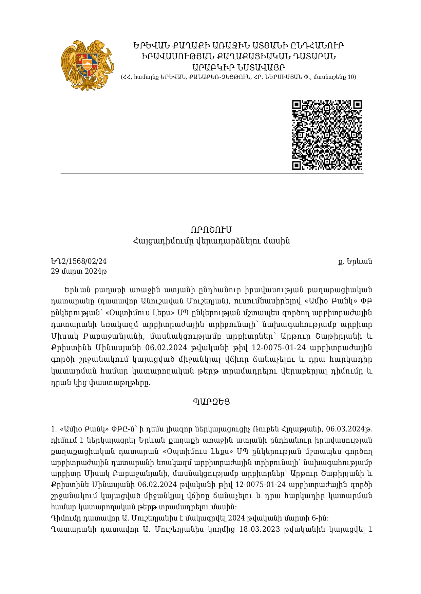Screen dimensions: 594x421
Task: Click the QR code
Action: click(x=327, y=134)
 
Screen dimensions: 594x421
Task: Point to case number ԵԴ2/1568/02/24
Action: click(x=78, y=261)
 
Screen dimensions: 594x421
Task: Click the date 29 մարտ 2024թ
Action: click(x=79, y=271)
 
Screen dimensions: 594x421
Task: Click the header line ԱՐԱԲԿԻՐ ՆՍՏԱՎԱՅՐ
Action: click(x=238, y=67)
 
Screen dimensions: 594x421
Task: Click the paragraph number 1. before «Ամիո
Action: click(x=54, y=429)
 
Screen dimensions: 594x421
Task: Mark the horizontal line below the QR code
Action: click(x=212, y=174)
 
